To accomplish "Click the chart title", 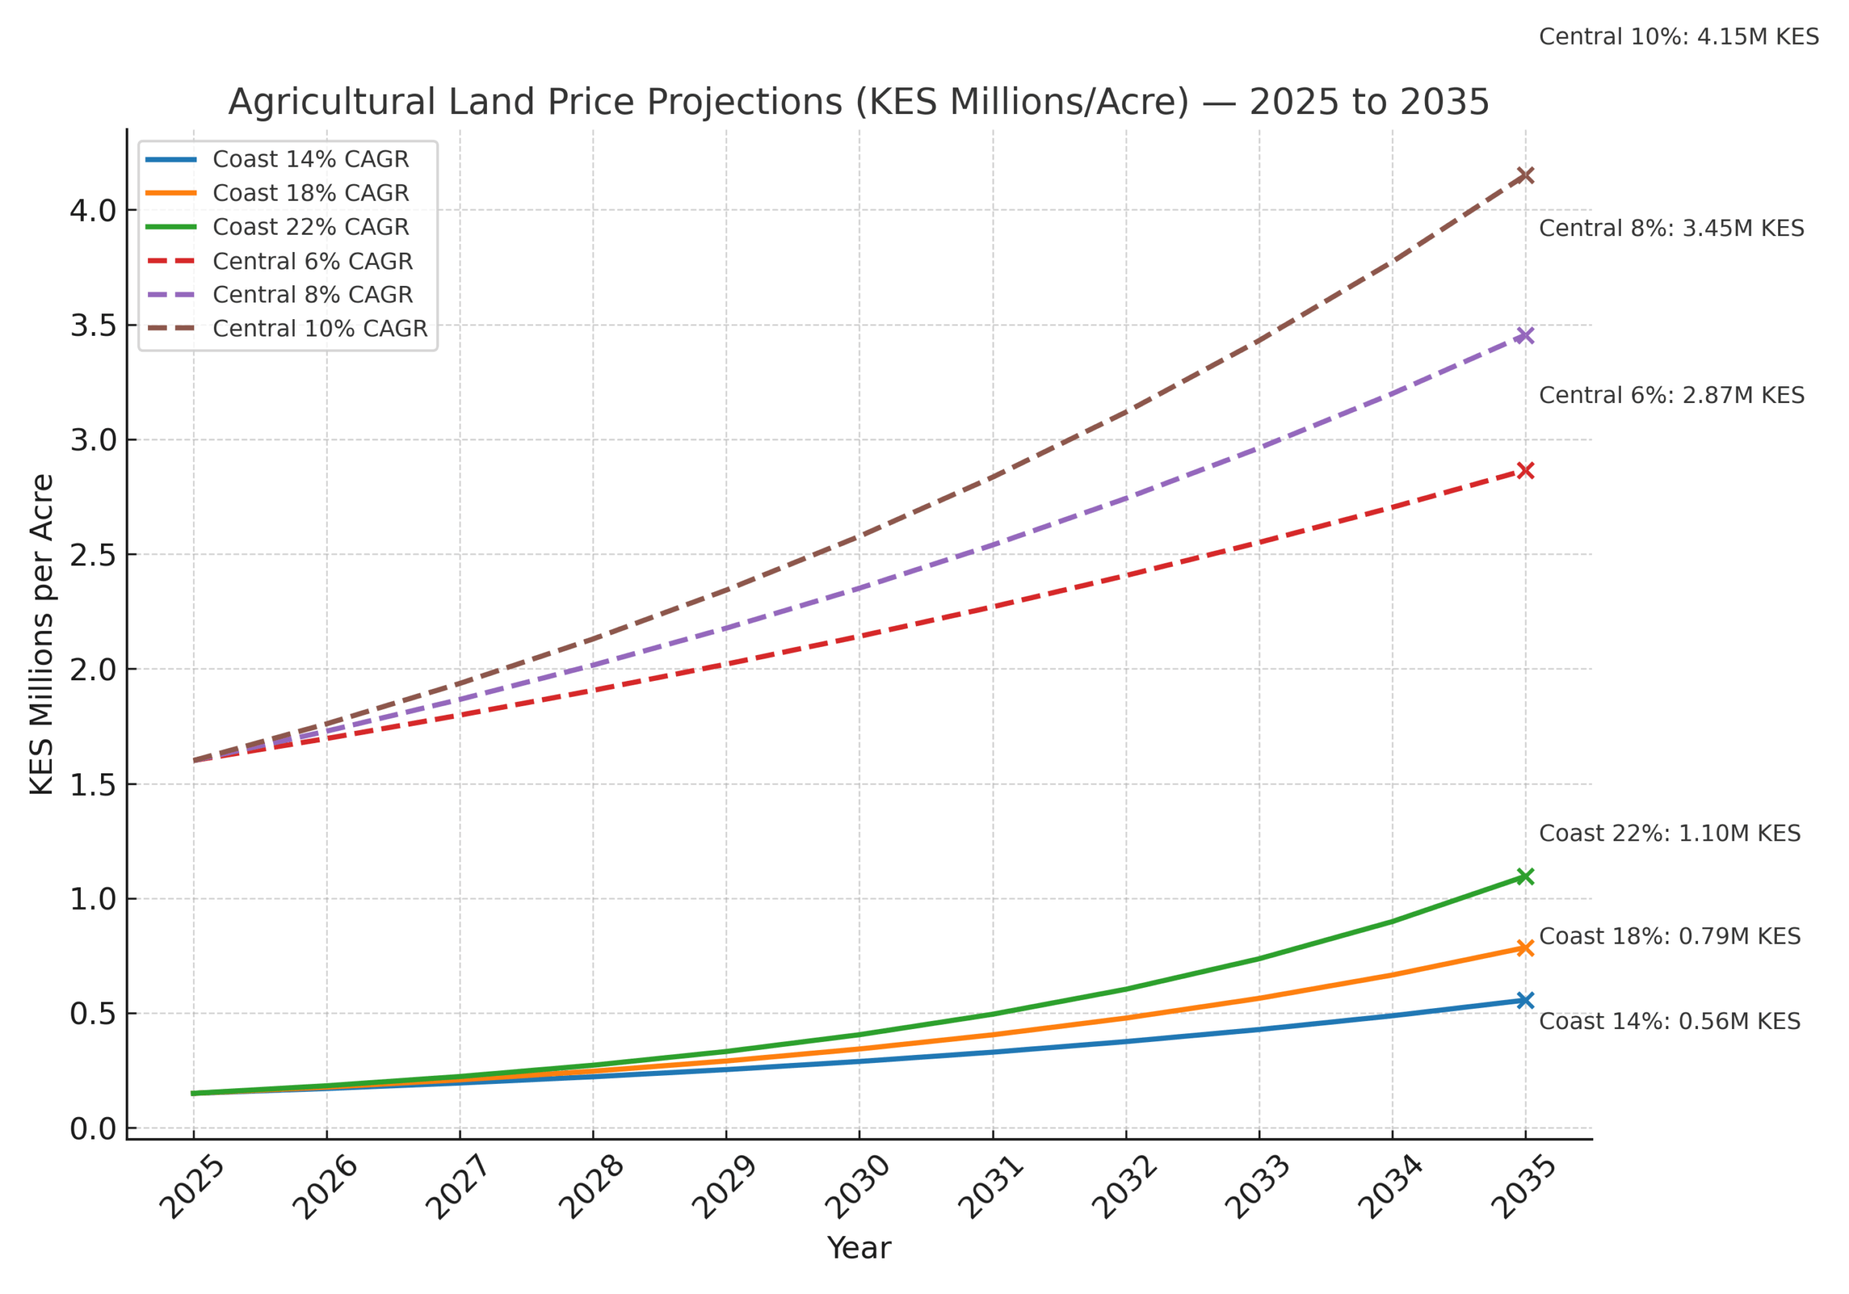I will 859,103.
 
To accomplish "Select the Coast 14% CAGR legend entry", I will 310,160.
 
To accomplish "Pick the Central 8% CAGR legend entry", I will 313,295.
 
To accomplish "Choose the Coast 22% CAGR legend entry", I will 310,227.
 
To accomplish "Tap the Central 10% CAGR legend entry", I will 320,329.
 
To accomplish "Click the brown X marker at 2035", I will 1525,175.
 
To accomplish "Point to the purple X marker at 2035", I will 1525,335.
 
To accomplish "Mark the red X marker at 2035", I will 1525,470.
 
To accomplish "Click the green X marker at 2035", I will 1525,876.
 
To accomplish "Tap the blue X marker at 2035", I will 1525,1000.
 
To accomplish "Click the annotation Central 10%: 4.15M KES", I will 1679,37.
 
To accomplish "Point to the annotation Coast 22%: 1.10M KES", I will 1669,833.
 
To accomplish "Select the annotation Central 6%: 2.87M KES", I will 1671,396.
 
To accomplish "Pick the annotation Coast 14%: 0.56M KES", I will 1669,1022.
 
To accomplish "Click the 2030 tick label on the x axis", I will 857,1187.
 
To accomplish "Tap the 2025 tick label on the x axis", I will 191,1187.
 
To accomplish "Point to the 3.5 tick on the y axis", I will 92,326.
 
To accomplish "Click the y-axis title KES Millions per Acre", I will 41,635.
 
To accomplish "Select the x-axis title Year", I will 859,1248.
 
